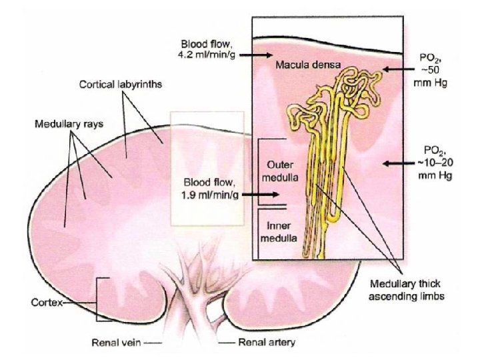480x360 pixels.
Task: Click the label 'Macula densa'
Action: click(308, 66)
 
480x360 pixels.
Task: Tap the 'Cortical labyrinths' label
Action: click(121, 85)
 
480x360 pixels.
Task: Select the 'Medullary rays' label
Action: click(63, 125)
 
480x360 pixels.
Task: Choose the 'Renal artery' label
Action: click(268, 343)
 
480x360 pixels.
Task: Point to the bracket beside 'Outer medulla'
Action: click(260, 171)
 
